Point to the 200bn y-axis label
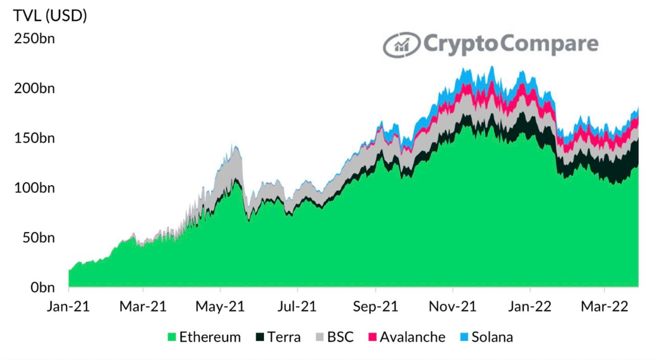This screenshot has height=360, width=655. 36,89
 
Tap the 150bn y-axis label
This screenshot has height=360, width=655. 36,139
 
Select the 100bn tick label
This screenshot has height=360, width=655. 36,188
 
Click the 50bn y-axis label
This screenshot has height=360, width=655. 39,238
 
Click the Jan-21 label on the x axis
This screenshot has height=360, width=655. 69,306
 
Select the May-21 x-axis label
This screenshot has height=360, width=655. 220,306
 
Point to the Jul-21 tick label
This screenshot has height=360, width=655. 297,306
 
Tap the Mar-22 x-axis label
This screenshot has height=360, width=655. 605,306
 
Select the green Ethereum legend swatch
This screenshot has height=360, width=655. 172,337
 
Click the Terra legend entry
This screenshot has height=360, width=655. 278,337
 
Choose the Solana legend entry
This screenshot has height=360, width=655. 485,337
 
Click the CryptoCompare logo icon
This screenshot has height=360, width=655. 402,45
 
